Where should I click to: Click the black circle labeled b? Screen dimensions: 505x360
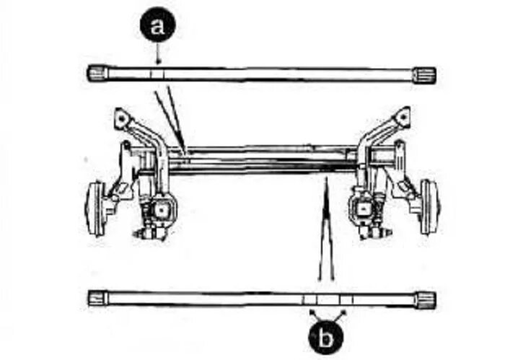(327, 336)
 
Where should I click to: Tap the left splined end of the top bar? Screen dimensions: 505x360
(97, 73)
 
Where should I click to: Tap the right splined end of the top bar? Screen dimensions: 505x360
(425, 74)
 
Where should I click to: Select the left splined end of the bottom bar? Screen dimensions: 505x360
(97, 297)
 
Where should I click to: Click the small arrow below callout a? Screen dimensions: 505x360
(158, 57)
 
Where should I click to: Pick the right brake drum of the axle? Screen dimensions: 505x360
(429, 206)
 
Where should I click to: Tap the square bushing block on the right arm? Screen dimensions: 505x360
(363, 210)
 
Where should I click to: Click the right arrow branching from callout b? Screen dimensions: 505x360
(344, 311)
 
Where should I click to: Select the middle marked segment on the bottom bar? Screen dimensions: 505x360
(327, 299)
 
